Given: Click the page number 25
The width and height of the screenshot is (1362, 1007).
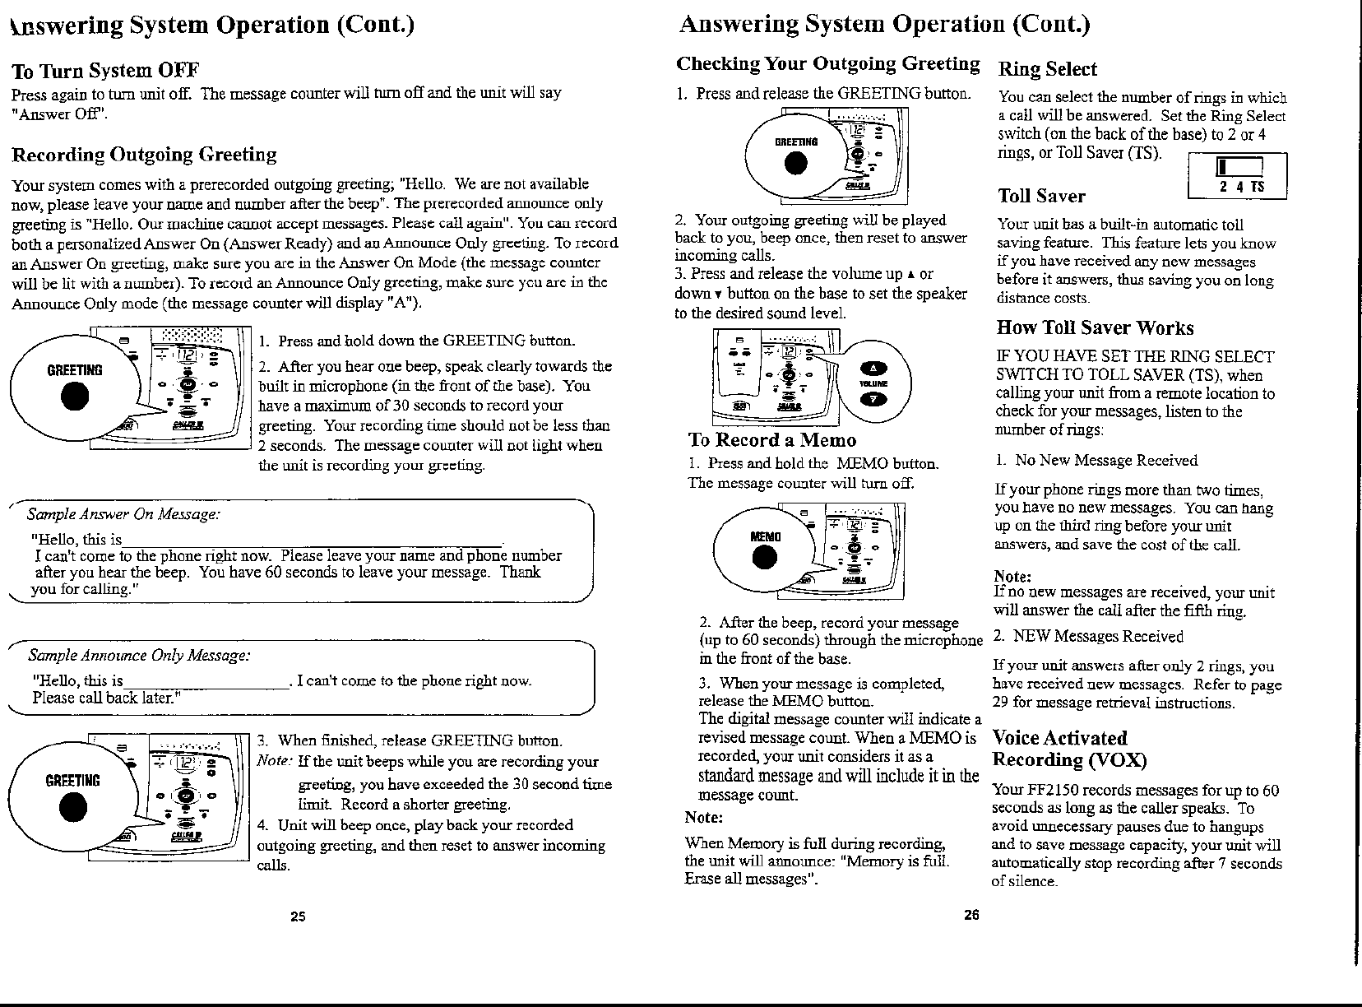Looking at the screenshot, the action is pyautogui.click(x=298, y=917).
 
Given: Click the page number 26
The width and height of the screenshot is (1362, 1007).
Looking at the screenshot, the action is pyautogui.click(x=971, y=915).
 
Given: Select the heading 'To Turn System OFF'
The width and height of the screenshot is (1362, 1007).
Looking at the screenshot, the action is pyautogui.click(x=105, y=72).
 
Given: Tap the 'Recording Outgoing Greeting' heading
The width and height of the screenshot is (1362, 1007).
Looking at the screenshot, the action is pyautogui.click(x=144, y=154).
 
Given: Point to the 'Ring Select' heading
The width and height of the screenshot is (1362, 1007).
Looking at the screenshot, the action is pyautogui.click(x=1048, y=69).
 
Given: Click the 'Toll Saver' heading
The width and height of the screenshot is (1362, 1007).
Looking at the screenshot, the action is pyautogui.click(x=1041, y=196).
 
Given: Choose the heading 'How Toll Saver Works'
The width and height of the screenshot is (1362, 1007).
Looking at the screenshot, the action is pyautogui.click(x=1095, y=327).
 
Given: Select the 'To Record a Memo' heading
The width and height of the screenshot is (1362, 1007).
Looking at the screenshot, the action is pyautogui.click(x=771, y=440).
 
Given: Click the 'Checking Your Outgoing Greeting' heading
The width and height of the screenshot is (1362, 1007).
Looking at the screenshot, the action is pyautogui.click(x=827, y=64).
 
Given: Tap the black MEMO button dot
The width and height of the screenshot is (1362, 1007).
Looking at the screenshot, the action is pyautogui.click(x=765, y=558).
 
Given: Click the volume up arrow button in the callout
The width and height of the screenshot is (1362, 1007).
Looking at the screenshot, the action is pyautogui.click(x=874, y=368).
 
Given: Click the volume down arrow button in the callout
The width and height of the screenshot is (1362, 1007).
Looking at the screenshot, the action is pyautogui.click(x=874, y=399).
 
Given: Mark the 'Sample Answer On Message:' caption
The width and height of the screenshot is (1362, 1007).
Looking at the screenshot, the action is pyautogui.click(x=123, y=514).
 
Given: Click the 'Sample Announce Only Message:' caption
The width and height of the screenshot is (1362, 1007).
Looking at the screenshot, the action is pyautogui.click(x=139, y=656).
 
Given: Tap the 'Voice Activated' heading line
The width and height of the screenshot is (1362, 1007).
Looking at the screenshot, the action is pyautogui.click(x=1060, y=738).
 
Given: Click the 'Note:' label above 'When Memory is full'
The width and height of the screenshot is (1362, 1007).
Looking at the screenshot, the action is pyautogui.click(x=704, y=818).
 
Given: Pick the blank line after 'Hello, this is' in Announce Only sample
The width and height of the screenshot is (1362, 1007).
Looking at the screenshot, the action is pyautogui.click(x=206, y=688).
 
